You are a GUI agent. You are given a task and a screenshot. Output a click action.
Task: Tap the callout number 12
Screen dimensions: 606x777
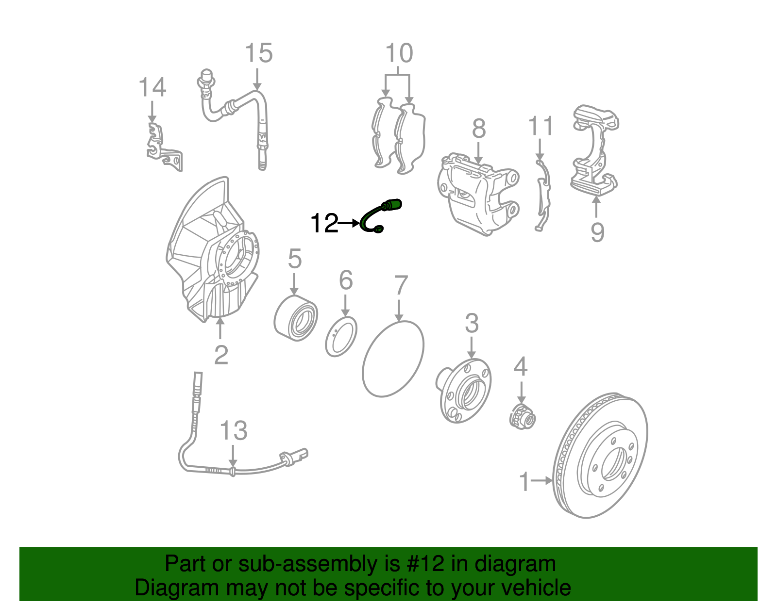[324, 224]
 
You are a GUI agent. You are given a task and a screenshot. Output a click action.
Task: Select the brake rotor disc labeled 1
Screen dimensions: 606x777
[601, 456]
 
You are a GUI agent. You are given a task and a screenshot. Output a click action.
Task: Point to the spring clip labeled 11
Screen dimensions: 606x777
[542, 194]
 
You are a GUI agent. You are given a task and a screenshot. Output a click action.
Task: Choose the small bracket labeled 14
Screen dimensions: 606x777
[163, 146]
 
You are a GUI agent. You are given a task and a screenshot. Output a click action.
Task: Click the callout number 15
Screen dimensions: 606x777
[258, 53]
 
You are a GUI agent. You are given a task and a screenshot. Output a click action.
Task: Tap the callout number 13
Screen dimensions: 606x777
[234, 430]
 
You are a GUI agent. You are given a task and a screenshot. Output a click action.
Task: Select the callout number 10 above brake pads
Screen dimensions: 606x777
[399, 53]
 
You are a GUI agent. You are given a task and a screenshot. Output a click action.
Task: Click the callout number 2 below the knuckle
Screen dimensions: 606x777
[221, 355]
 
